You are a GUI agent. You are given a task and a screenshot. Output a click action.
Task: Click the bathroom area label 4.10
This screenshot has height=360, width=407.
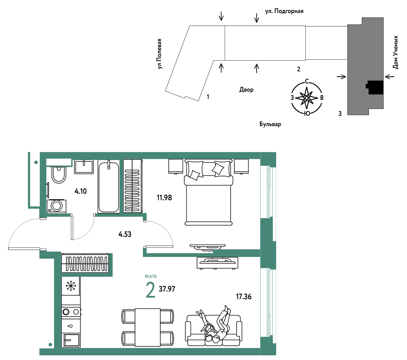tap(80, 191)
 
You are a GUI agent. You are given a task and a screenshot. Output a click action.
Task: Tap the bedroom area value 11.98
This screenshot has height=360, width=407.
tap(164, 198)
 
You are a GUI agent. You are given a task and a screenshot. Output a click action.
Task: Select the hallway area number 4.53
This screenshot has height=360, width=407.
tap(125, 234)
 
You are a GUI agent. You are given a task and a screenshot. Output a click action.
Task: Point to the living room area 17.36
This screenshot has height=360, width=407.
tap(243, 297)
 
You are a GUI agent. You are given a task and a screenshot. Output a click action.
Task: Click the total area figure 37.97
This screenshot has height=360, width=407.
tap(167, 289)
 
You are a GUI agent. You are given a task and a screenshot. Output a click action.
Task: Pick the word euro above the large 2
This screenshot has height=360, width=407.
tap(150, 276)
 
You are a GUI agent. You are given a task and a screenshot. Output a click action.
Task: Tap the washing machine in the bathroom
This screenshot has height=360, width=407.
tap(56, 206)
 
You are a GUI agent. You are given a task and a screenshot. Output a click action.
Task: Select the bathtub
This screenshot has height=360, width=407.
tap(108, 186)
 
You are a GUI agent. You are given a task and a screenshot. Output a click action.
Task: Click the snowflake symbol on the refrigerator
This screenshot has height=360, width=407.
tap(71, 286)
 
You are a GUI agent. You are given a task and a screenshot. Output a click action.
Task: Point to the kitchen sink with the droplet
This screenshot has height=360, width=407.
tap(71, 326)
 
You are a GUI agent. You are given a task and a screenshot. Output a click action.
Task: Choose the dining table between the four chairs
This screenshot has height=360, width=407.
tap(148, 327)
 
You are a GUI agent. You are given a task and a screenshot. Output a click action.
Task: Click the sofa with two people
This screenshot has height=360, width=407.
tap(213, 330)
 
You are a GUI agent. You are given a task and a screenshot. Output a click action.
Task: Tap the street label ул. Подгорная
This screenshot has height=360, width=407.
tap(284, 11)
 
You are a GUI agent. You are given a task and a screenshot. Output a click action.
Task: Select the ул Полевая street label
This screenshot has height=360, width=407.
tap(160, 54)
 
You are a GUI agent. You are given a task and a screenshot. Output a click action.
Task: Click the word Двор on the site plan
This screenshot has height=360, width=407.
tap(246, 90)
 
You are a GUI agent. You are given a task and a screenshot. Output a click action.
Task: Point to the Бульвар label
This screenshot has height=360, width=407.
tap(270, 124)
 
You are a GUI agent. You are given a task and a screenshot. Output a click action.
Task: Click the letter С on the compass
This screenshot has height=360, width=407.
tap(307, 81)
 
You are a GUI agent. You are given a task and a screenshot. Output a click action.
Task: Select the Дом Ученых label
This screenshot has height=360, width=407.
tap(395, 52)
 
